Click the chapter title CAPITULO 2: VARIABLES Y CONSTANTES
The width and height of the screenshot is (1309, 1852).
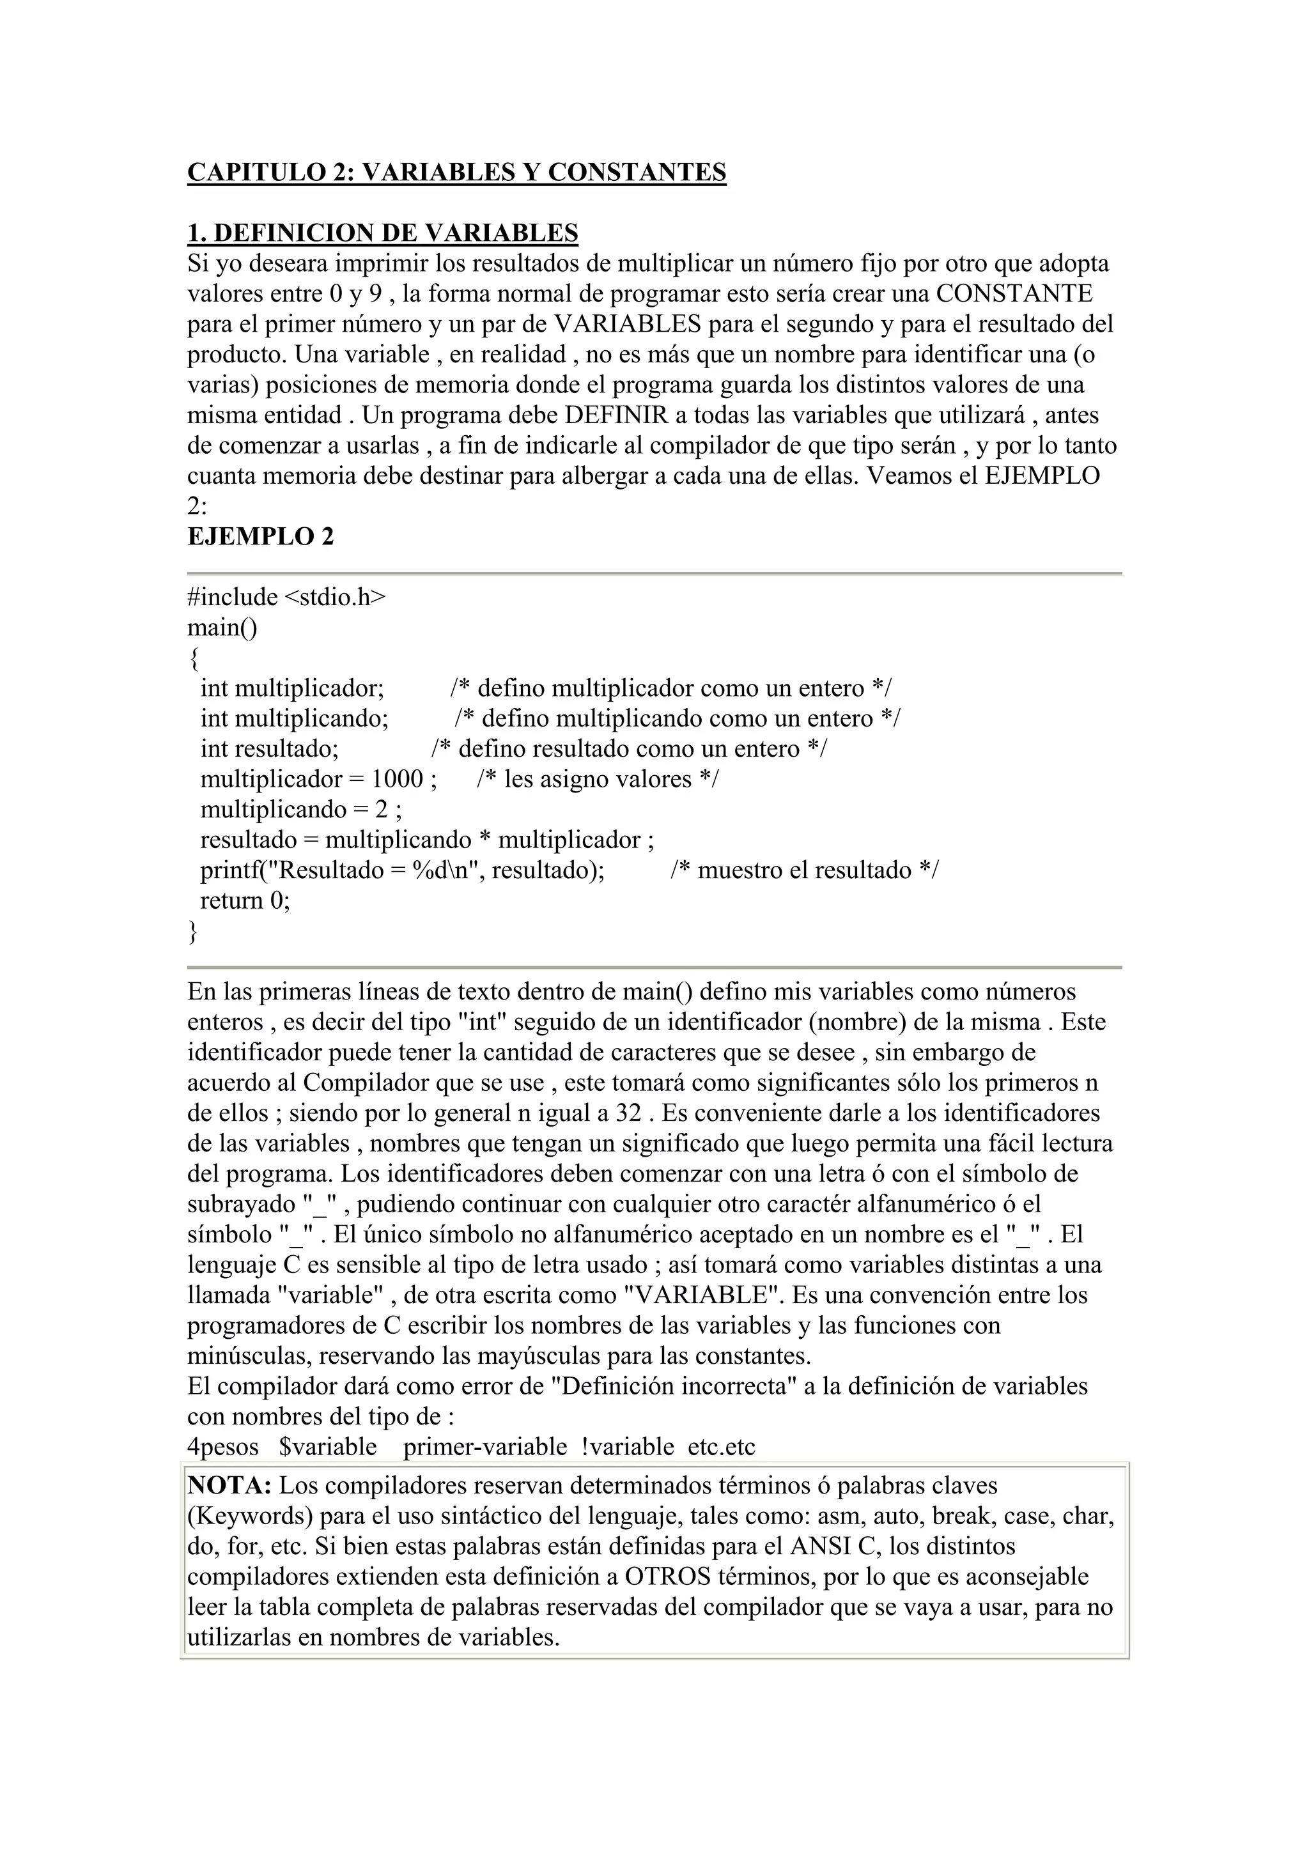click(x=456, y=172)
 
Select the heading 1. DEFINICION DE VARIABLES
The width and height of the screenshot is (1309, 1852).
click(x=382, y=233)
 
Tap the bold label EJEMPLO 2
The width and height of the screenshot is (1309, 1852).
click(x=261, y=536)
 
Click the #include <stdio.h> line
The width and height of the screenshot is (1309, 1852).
click(x=286, y=597)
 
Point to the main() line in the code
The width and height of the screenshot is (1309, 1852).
click(x=222, y=628)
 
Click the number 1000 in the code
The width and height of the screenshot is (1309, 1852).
click(x=397, y=779)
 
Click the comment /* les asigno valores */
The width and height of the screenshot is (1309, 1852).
click(x=597, y=779)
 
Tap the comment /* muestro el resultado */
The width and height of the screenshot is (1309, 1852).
click(x=804, y=870)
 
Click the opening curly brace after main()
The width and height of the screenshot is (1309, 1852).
click(x=193, y=659)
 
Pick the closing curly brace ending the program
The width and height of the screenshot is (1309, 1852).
click(x=193, y=932)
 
